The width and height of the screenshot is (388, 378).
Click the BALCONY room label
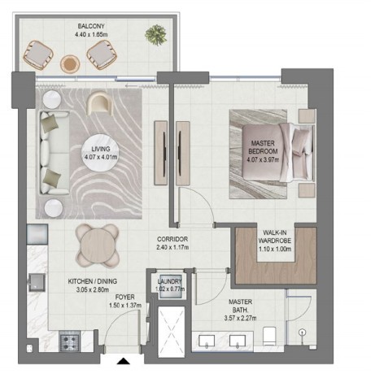pos(91,26)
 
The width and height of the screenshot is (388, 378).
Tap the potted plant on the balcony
pos(155,35)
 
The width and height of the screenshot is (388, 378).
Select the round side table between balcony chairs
pos(70,64)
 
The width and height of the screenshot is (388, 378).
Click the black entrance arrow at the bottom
pos(124,361)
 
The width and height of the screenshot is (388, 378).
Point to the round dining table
pos(98,246)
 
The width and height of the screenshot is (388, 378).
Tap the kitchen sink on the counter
pos(37,283)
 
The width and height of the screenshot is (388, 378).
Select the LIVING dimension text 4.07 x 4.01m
pos(101,157)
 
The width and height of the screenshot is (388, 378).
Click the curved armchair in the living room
pos(99,103)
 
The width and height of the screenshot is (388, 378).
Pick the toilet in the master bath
pos(270,337)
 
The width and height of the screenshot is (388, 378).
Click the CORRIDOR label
pos(172,239)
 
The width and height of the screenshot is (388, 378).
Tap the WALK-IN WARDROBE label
pos(275,237)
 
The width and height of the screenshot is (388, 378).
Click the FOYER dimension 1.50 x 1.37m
pos(125,306)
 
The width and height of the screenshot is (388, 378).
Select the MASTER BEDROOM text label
pos(263,147)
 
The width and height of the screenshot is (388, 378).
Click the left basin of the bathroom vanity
pos(207,341)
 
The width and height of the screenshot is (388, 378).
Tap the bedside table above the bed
pos(307,116)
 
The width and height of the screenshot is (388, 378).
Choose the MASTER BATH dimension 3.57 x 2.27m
pos(240,318)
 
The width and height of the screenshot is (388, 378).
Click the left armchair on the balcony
pos(38,55)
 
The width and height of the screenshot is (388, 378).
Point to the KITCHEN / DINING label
pos(93,281)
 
